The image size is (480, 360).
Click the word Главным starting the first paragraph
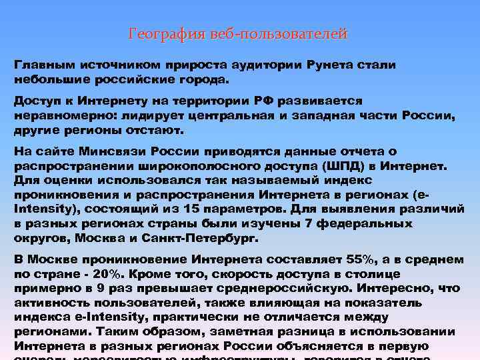click(x=44, y=65)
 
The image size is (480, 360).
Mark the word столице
click(x=375, y=273)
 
